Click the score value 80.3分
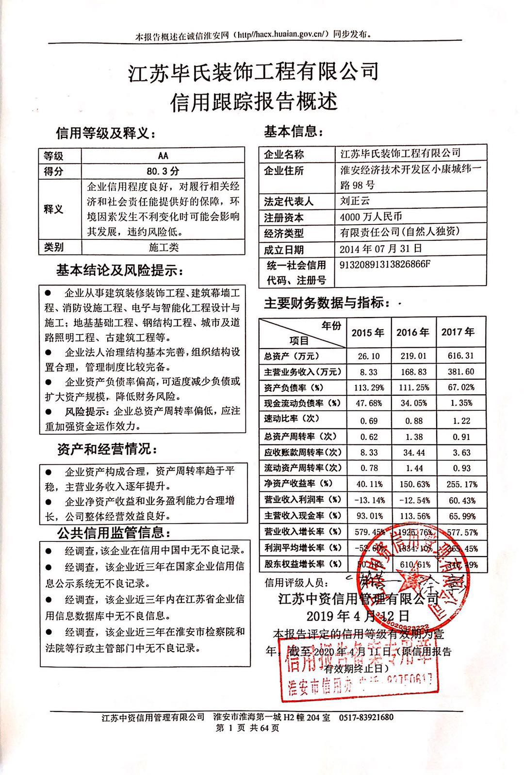click(163, 171)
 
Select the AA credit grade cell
click(163, 155)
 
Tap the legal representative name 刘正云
click(355, 201)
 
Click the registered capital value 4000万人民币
click(371, 217)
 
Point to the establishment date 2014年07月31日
click(381, 249)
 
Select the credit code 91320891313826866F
click(385, 265)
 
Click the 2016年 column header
click(413, 333)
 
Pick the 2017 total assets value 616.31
click(458, 356)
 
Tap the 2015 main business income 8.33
click(368, 372)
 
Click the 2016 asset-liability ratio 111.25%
click(413, 388)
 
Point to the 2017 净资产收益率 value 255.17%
click(458, 484)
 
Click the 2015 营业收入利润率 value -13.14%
click(368, 500)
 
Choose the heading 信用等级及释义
click(106, 133)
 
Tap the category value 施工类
click(164, 247)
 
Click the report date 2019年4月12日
click(358, 616)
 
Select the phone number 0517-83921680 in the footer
click(366, 717)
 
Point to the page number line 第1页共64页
click(247, 728)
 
